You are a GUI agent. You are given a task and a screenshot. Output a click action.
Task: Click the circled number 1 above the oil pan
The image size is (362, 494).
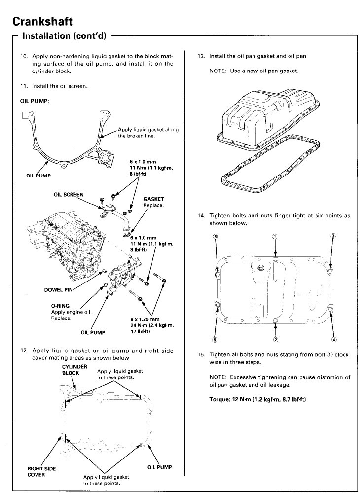pyautogui.click(x=275, y=236)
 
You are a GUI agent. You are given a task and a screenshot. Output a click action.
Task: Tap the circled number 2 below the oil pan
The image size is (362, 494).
pyautogui.click(x=275, y=339)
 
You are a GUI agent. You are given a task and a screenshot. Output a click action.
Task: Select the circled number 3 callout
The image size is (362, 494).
pyautogui.click(x=333, y=236)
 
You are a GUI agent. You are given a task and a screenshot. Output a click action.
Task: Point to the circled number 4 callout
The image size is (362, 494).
pyautogui.click(x=334, y=339)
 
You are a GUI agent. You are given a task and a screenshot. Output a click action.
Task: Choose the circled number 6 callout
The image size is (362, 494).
pyautogui.click(x=215, y=339)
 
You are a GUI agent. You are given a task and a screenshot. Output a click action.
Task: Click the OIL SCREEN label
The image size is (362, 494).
pyautogui.click(x=70, y=194)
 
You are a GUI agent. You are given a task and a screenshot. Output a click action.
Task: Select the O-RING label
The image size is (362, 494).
pyautogui.click(x=60, y=305)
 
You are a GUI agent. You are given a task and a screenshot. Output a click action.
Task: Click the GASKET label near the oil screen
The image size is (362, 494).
pyautogui.click(x=153, y=199)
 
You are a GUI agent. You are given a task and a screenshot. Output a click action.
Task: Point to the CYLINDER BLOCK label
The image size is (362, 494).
pyautogui.click(x=74, y=370)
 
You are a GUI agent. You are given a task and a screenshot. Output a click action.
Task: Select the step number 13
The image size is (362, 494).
pyautogui.click(x=200, y=56)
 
